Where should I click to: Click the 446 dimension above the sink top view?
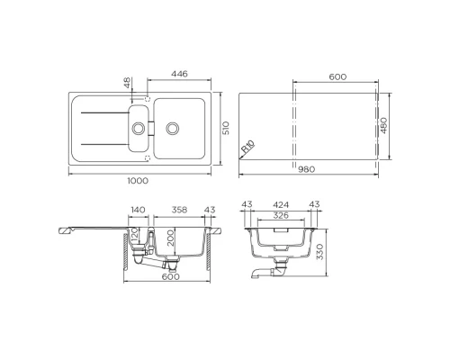click(x=180, y=74)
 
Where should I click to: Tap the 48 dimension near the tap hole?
click(x=128, y=83)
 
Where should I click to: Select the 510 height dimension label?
click(x=226, y=128)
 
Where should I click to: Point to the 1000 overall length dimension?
click(x=138, y=181)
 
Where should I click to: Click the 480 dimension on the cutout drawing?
click(x=383, y=125)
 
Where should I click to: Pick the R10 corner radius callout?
click(x=248, y=148)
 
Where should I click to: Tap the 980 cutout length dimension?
click(x=307, y=169)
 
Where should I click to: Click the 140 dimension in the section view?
click(x=138, y=210)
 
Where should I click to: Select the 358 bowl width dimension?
click(x=179, y=210)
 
